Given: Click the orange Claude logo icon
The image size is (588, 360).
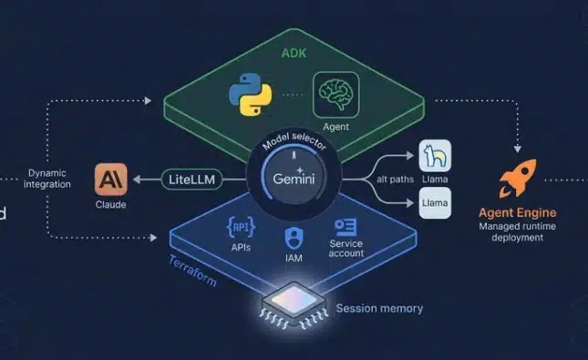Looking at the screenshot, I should [x=110, y=180].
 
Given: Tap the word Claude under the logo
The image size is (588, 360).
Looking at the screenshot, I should [x=110, y=205].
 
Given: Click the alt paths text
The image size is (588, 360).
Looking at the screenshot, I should [x=396, y=180].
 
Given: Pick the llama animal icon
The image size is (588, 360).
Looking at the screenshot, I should [x=434, y=158].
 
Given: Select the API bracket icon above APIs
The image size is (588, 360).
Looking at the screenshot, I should [x=242, y=226].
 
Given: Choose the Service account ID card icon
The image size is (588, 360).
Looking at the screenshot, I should [x=346, y=227].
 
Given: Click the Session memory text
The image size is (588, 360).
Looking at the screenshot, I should [x=379, y=308].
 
